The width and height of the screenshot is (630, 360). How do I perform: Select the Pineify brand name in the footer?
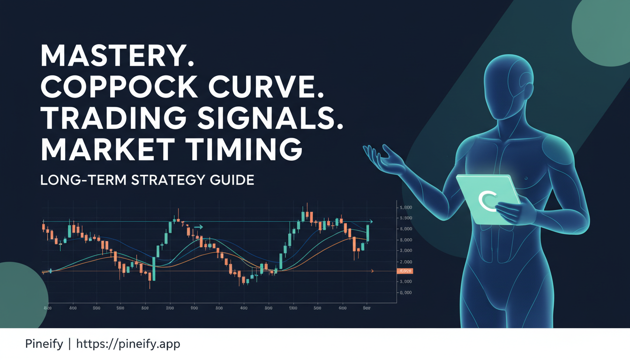44,344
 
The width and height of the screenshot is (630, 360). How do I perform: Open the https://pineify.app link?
127,344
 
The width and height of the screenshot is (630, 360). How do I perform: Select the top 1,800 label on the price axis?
405,207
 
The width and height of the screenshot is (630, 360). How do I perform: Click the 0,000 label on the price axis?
405,292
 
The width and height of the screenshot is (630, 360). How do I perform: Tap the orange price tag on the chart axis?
404,271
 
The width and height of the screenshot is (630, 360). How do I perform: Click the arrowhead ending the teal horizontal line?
371,221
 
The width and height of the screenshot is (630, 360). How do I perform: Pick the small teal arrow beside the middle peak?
199,227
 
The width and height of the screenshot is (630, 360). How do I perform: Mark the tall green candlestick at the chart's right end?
368,233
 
